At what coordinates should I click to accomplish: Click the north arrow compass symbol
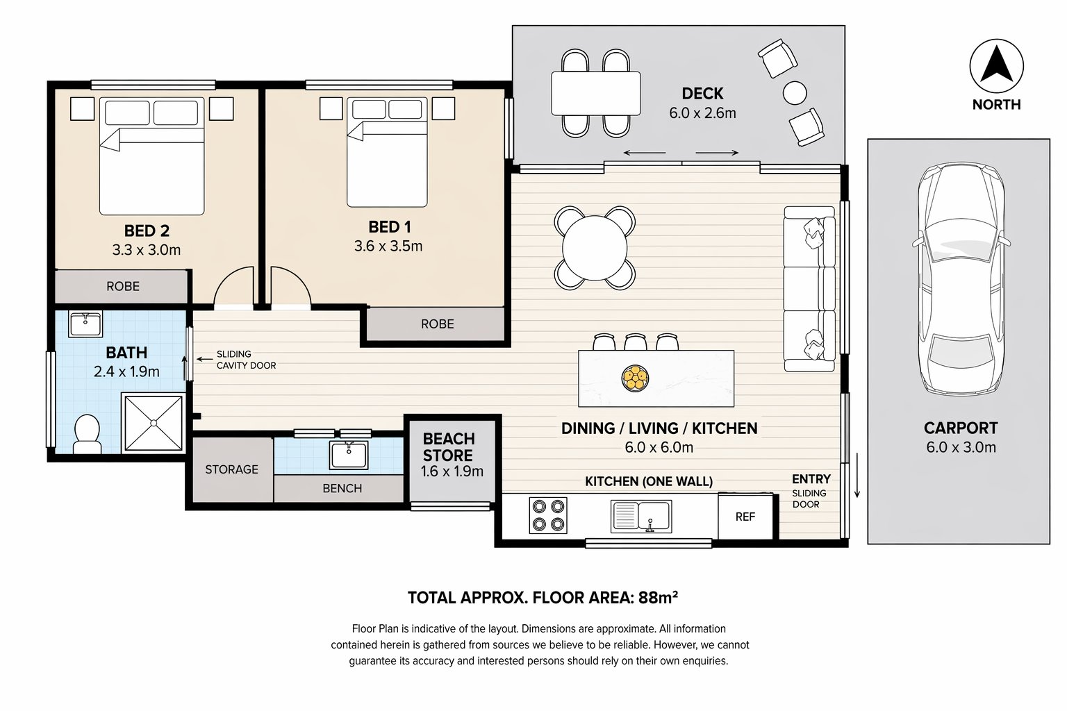coord(996,67)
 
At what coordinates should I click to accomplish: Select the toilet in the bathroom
coord(87,433)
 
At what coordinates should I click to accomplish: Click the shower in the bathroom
coord(153,422)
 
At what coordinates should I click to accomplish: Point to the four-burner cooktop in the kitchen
coord(548,515)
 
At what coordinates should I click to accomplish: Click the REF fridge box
coord(745,517)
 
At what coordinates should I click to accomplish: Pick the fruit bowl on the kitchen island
coord(635,378)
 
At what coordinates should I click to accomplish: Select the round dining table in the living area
coord(595,248)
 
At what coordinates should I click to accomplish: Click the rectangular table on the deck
coord(595,93)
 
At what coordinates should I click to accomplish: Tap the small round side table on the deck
coord(795,92)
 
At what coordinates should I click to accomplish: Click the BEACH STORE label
coord(449,447)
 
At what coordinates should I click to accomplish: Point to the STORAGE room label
coord(231,469)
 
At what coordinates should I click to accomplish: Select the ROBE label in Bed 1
coord(437,324)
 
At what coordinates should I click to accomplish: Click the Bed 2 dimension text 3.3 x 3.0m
coord(147,250)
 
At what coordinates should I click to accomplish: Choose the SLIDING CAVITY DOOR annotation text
coord(246,360)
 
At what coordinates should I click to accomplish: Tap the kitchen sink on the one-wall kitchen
coord(640,516)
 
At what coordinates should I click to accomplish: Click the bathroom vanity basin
coord(85,324)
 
